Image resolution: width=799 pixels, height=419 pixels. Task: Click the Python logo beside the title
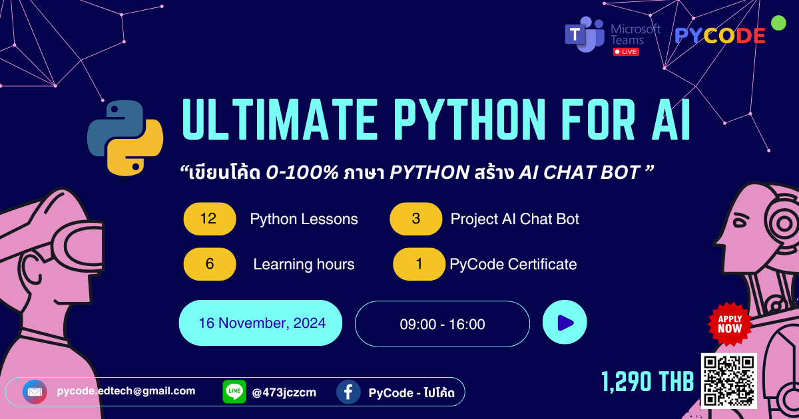125,138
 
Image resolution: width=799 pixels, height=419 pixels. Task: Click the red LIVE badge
625,52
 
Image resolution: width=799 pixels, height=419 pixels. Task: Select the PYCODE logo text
720,36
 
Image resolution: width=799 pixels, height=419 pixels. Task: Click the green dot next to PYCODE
778,23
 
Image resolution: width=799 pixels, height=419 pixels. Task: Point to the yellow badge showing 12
209,219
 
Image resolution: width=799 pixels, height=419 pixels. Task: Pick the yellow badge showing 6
209,264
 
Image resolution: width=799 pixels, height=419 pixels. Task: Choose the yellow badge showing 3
416,219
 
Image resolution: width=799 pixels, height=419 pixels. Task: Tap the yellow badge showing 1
419,264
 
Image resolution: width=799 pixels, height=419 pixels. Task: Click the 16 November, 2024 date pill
261,323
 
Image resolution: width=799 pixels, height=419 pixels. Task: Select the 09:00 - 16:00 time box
442,325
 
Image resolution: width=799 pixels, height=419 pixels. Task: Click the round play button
565,323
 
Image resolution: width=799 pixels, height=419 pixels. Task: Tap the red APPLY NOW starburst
730,324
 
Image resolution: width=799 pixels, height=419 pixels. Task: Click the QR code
728,380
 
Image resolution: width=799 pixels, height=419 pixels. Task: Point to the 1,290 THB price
647,382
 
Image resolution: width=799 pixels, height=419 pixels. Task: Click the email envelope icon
35,392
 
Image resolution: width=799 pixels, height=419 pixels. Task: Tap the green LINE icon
234,392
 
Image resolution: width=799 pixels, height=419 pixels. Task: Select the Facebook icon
348,392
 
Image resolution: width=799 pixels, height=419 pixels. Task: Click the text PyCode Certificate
513,264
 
